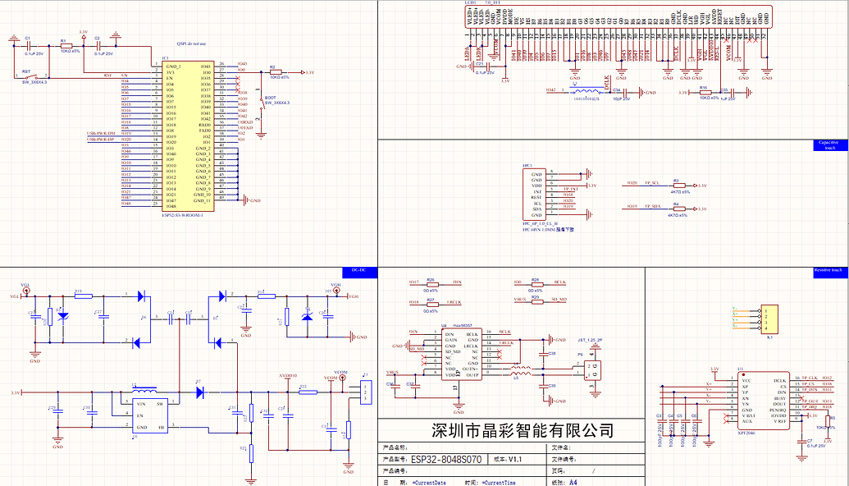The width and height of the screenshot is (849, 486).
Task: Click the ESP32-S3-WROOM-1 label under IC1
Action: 182,215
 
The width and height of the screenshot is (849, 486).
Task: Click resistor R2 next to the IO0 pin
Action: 276,72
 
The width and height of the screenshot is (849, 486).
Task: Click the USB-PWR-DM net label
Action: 101,134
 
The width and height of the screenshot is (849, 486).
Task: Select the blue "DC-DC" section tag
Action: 358,270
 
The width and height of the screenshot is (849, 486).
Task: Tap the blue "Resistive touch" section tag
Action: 827,270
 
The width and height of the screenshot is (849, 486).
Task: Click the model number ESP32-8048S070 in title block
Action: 447,458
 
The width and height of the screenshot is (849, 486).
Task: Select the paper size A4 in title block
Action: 573,483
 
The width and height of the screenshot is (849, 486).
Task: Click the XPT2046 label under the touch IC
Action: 746,431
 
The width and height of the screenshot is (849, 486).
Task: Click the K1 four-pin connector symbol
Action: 769,319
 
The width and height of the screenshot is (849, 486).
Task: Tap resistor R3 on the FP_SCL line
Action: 677,186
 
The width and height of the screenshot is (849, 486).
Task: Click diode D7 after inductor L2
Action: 199,392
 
